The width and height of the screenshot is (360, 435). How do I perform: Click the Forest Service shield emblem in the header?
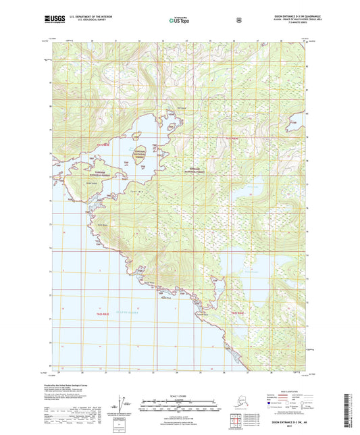238,20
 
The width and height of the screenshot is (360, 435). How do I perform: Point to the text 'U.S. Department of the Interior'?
87,17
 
